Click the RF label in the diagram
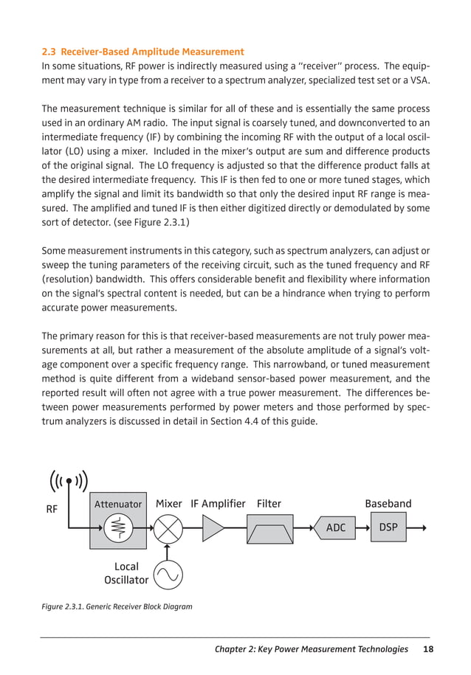(x=52, y=509)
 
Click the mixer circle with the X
(x=168, y=528)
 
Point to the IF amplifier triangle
(x=213, y=528)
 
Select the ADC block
(x=336, y=528)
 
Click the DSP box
(x=387, y=528)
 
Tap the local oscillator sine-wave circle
(x=168, y=573)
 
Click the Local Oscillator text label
(x=126, y=573)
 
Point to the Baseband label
(x=388, y=504)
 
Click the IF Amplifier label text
(x=218, y=504)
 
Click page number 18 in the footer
(x=428, y=649)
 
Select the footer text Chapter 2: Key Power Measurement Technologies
(x=311, y=649)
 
